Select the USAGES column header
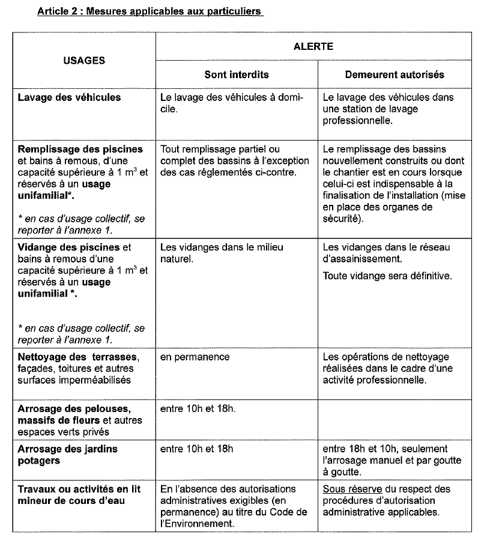point(84,60)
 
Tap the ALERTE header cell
point(313,46)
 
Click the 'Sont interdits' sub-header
point(236,75)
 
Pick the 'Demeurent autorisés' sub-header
point(395,75)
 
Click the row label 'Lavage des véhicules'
point(69,97)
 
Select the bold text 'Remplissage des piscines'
point(80,149)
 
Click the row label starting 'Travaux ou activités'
point(79,489)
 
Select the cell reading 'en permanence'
point(195,357)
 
